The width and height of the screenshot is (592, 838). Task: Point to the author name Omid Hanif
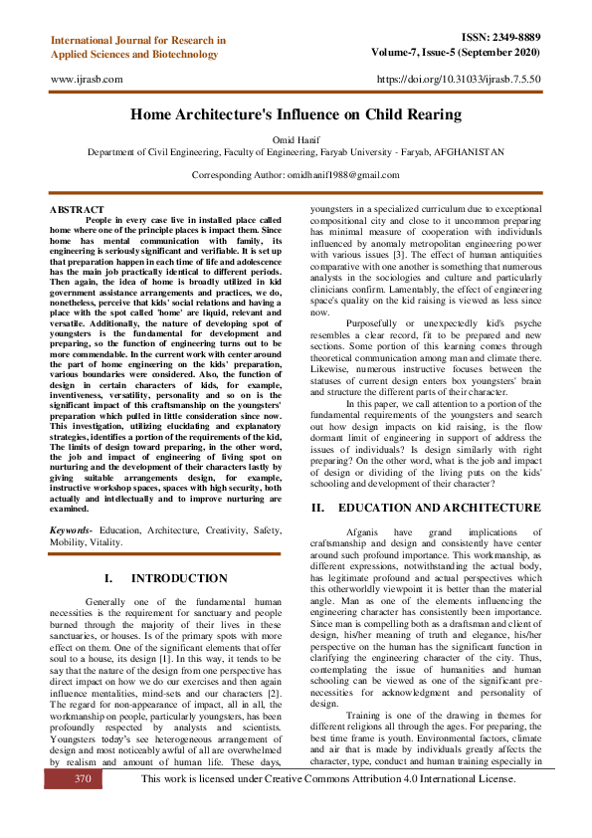[296, 139]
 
